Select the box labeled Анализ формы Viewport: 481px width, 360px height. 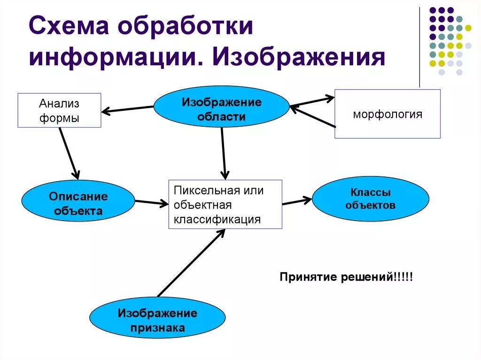coord(59,110)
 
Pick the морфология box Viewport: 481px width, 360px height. coord(387,114)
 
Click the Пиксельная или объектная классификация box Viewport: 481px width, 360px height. coord(225,204)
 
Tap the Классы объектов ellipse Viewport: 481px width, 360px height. coord(370,199)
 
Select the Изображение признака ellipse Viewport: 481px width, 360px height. coord(157,320)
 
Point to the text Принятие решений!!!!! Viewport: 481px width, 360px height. coord(346,276)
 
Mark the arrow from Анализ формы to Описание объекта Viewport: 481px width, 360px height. coord(68,152)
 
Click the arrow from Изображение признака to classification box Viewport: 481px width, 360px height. coord(192,263)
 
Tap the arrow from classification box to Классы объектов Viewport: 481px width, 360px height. coord(297,201)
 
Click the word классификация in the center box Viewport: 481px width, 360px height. coord(217,219)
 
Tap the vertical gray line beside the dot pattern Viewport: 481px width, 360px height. coord(419,47)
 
